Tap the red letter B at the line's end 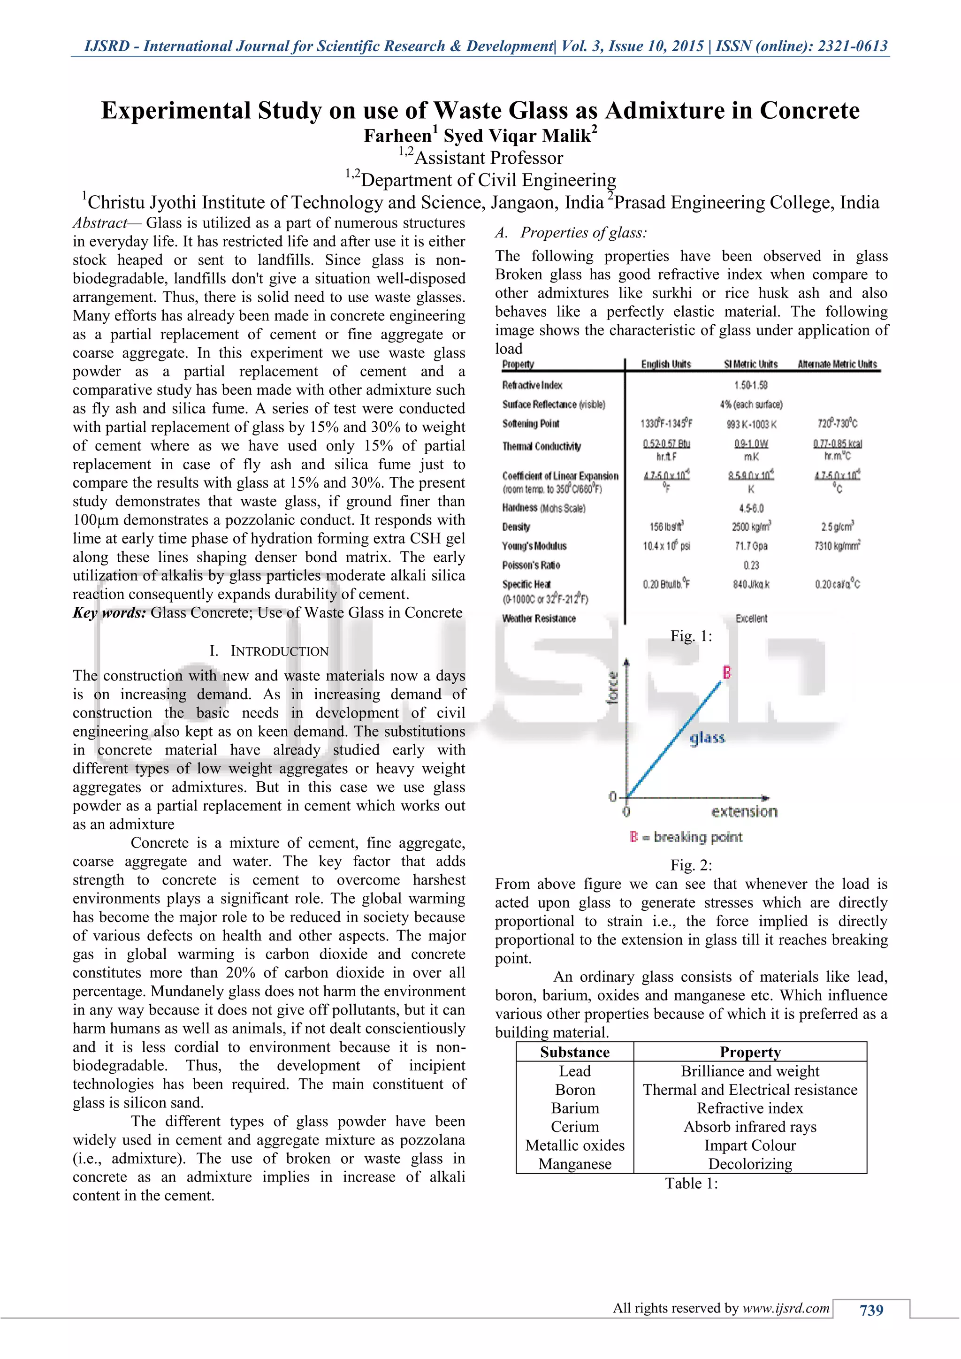tap(727, 672)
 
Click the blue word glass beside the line tap(707, 738)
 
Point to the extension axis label tap(744, 811)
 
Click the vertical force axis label tap(613, 687)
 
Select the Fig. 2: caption tap(691, 865)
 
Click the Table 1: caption tap(691, 1183)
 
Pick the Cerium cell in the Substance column tap(575, 1127)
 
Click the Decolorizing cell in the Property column tap(750, 1164)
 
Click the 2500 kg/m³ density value tap(751, 527)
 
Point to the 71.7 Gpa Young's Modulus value tap(751, 546)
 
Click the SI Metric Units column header tap(750, 365)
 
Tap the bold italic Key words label tap(109, 612)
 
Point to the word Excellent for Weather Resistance tap(751, 618)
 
